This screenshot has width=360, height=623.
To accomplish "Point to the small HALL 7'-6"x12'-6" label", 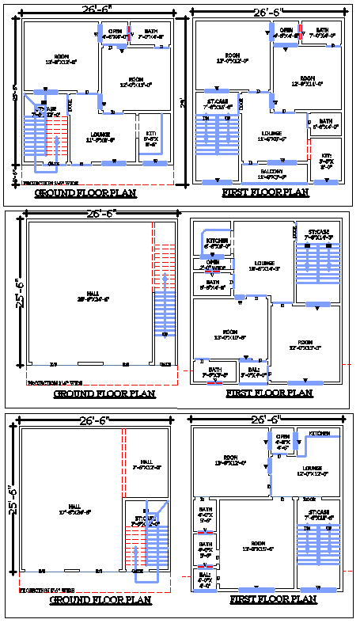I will (146, 465).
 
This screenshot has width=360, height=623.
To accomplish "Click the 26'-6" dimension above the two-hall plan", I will (96, 420).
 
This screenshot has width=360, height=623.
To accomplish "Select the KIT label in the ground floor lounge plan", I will (151, 136).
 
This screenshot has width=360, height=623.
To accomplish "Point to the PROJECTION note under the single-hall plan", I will (59, 382).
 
